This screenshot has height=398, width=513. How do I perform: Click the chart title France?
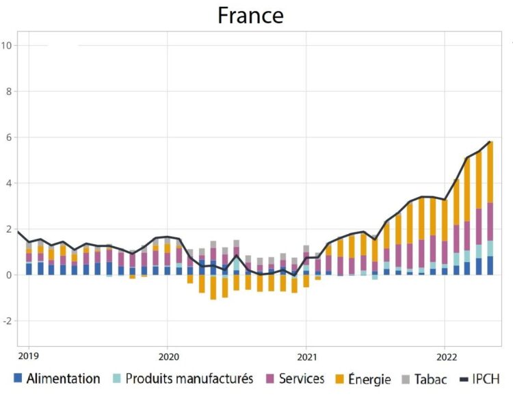[250, 15]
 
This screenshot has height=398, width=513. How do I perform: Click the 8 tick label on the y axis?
[8, 91]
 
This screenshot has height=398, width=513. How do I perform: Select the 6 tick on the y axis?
[8, 137]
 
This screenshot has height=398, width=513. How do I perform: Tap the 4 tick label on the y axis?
[8, 183]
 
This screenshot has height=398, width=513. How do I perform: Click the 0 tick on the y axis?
[8, 275]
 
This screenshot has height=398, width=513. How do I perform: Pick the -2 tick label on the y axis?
[6, 321]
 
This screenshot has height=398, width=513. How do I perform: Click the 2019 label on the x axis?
[29, 356]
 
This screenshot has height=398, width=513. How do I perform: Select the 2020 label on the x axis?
[168, 356]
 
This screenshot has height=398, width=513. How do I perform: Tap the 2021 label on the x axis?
[306, 356]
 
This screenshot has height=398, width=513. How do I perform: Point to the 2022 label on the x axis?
[446, 356]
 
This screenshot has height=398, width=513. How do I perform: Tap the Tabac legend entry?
[425, 379]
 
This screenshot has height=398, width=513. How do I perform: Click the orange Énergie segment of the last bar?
[490, 172]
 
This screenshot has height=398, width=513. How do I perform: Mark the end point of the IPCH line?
[490, 142]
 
